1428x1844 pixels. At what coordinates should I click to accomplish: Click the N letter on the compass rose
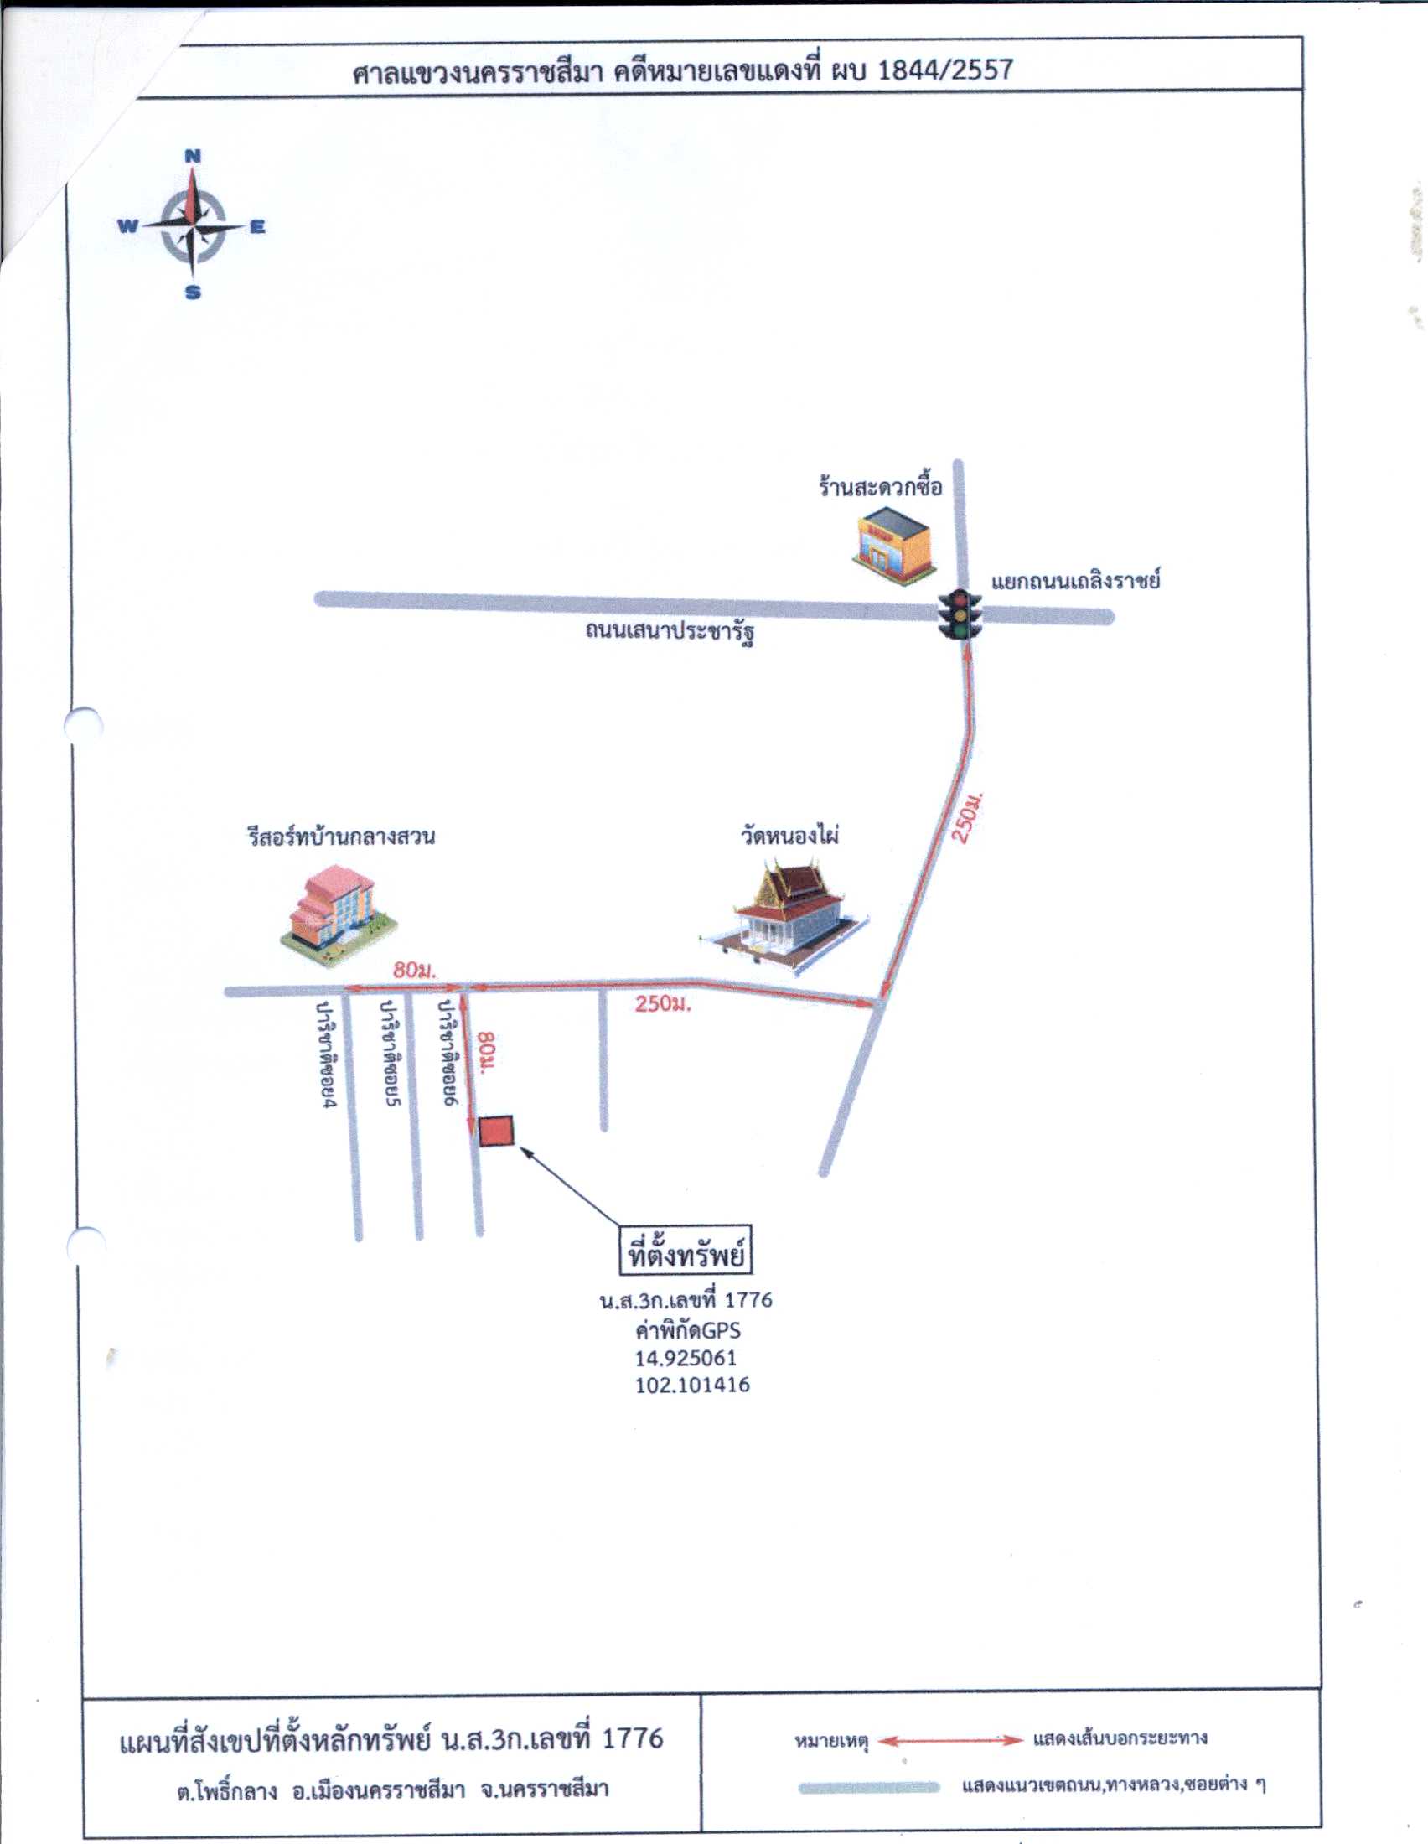(x=193, y=156)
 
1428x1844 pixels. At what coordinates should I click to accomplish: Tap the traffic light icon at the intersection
(x=960, y=614)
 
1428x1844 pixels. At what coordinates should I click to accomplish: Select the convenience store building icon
(x=894, y=544)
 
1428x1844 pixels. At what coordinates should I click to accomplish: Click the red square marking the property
(x=496, y=1131)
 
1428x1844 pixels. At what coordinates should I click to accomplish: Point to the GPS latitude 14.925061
(x=686, y=1358)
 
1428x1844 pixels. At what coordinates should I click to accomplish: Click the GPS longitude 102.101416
(x=692, y=1385)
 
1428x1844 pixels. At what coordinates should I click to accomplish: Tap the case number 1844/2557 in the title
(x=945, y=70)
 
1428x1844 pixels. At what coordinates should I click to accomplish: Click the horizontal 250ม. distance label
(x=663, y=1004)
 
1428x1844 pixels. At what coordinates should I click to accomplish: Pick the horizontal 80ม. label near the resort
(x=413, y=970)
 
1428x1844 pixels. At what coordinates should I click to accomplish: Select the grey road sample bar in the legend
(x=868, y=1787)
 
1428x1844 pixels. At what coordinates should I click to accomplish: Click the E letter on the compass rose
(x=257, y=227)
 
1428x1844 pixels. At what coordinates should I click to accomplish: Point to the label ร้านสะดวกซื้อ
(x=880, y=487)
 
